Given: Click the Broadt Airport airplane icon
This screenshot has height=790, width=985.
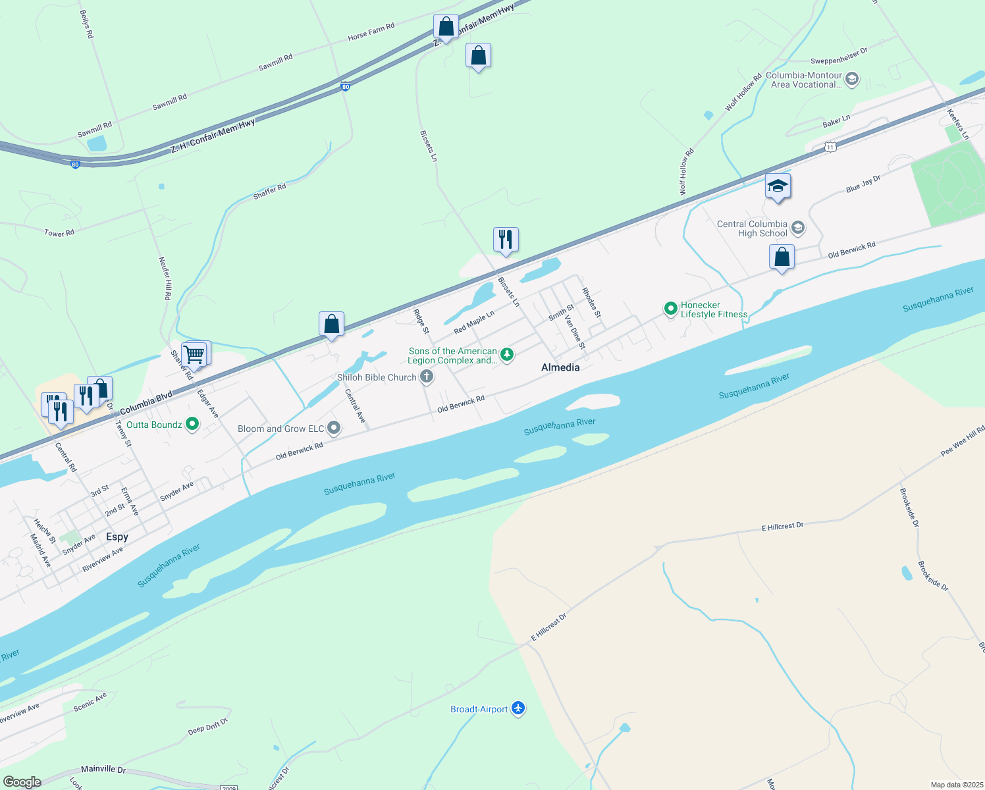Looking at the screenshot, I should (x=518, y=708).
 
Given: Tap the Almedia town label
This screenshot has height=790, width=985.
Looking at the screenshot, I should (x=560, y=367).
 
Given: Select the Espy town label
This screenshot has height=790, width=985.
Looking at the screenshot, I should (x=117, y=537).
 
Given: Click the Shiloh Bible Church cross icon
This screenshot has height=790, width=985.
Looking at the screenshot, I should (x=427, y=377).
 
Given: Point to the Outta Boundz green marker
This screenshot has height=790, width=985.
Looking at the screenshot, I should (x=192, y=425).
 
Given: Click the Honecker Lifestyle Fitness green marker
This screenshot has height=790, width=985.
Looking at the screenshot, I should (x=670, y=308).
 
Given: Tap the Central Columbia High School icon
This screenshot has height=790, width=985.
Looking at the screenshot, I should (x=798, y=228).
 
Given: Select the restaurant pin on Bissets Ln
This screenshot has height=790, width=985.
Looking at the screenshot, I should (x=506, y=240).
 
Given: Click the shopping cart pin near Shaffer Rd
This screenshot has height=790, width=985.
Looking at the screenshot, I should (x=195, y=354).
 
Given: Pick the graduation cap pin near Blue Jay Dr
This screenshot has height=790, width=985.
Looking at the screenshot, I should (x=778, y=186).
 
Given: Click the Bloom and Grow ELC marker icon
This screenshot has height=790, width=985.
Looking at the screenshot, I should (x=334, y=429).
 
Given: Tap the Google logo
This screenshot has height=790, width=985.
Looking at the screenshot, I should (x=22, y=782).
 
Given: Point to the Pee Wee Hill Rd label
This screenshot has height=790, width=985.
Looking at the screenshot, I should (x=962, y=441).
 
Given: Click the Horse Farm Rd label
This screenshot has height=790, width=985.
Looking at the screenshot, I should (x=371, y=32).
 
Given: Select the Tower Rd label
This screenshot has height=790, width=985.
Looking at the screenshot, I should (x=59, y=233).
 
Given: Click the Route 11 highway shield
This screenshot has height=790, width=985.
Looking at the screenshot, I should (x=831, y=147).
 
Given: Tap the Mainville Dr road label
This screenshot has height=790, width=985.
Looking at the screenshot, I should (x=103, y=769).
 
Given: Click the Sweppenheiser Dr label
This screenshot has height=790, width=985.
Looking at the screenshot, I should (x=839, y=56).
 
